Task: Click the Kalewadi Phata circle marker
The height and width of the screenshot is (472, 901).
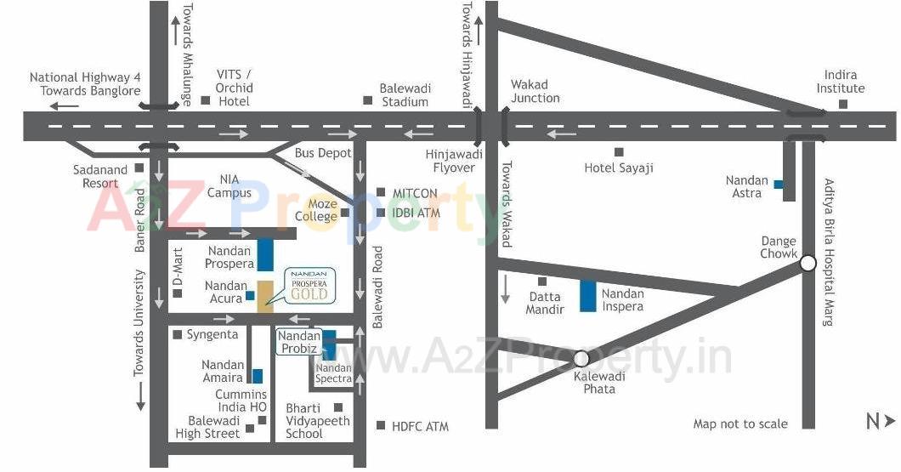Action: click(x=581, y=359)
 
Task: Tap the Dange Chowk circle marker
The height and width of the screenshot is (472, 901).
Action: click(x=807, y=264)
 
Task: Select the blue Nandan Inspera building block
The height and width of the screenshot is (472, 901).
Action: click(x=587, y=295)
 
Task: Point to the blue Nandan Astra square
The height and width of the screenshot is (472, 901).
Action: click(x=778, y=184)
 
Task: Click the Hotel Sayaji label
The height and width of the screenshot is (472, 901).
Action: click(x=619, y=168)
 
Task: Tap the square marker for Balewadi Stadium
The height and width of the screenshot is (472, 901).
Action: click(x=367, y=100)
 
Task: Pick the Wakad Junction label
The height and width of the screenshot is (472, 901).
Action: click(x=535, y=91)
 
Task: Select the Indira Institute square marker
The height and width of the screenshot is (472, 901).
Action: click(x=842, y=105)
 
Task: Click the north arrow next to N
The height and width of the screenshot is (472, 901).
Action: click(x=890, y=420)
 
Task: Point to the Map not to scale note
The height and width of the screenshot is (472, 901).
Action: click(x=739, y=424)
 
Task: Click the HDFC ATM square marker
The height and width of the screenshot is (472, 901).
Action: click(x=380, y=425)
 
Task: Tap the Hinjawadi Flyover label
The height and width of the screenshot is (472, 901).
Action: click(x=454, y=161)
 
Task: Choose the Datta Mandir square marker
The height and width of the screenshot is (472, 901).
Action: click(x=542, y=281)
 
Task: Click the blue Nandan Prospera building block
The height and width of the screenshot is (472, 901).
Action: click(x=265, y=254)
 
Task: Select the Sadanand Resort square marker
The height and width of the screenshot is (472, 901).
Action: click(x=139, y=168)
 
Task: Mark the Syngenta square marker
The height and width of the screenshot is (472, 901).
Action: click(x=177, y=335)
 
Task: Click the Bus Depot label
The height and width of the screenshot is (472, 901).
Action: click(x=323, y=153)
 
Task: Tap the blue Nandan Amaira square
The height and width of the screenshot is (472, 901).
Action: click(x=257, y=376)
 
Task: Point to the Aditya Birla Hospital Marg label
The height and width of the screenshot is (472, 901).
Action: click(x=828, y=253)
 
